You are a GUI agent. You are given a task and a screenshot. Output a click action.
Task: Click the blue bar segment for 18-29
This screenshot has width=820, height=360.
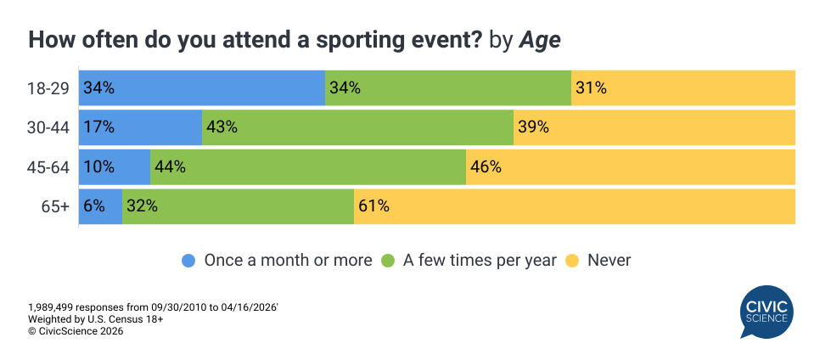click(202, 87)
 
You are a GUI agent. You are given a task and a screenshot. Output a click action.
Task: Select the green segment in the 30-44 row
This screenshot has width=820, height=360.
click(357, 127)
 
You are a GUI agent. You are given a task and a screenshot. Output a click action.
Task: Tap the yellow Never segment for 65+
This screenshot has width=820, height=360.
click(574, 206)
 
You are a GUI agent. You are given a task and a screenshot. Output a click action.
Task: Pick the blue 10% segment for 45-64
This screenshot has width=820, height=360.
click(115, 166)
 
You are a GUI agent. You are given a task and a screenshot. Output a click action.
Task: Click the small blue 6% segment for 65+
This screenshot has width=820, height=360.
click(100, 206)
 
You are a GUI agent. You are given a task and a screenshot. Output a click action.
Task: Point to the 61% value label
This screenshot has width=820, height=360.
click(373, 206)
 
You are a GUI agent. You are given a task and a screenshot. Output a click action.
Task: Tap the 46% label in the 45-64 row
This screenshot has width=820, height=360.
click(486, 166)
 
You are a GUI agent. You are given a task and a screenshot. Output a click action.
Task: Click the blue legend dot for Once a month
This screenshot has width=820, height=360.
click(189, 261)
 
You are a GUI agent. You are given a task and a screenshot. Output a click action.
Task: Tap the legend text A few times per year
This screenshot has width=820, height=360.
click(480, 261)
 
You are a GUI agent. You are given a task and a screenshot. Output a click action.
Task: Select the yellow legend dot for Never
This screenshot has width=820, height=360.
click(572, 261)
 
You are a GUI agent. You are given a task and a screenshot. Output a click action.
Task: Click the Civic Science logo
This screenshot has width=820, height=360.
click(765, 312)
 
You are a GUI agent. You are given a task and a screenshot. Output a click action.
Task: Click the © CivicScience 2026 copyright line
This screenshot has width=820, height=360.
click(76, 332)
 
